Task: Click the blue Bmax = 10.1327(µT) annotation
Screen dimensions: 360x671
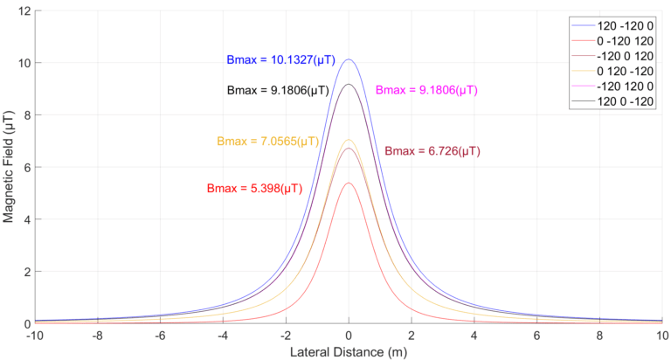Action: click(276, 60)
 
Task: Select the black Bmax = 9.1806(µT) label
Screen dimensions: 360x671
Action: click(276, 89)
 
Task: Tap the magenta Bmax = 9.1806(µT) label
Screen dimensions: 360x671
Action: click(425, 89)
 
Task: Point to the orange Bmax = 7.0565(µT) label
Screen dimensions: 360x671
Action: click(267, 142)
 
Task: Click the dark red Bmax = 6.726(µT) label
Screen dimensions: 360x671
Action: click(432, 151)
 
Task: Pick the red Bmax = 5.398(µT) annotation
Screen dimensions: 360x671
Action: click(254, 188)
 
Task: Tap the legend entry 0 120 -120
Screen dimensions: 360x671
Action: click(621, 84)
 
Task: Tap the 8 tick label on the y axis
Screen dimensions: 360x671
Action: click(26, 115)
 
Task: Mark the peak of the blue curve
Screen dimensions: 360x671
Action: click(349, 59)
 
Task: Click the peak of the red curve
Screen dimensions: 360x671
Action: click(349, 183)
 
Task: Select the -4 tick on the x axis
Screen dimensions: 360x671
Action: click(223, 335)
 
